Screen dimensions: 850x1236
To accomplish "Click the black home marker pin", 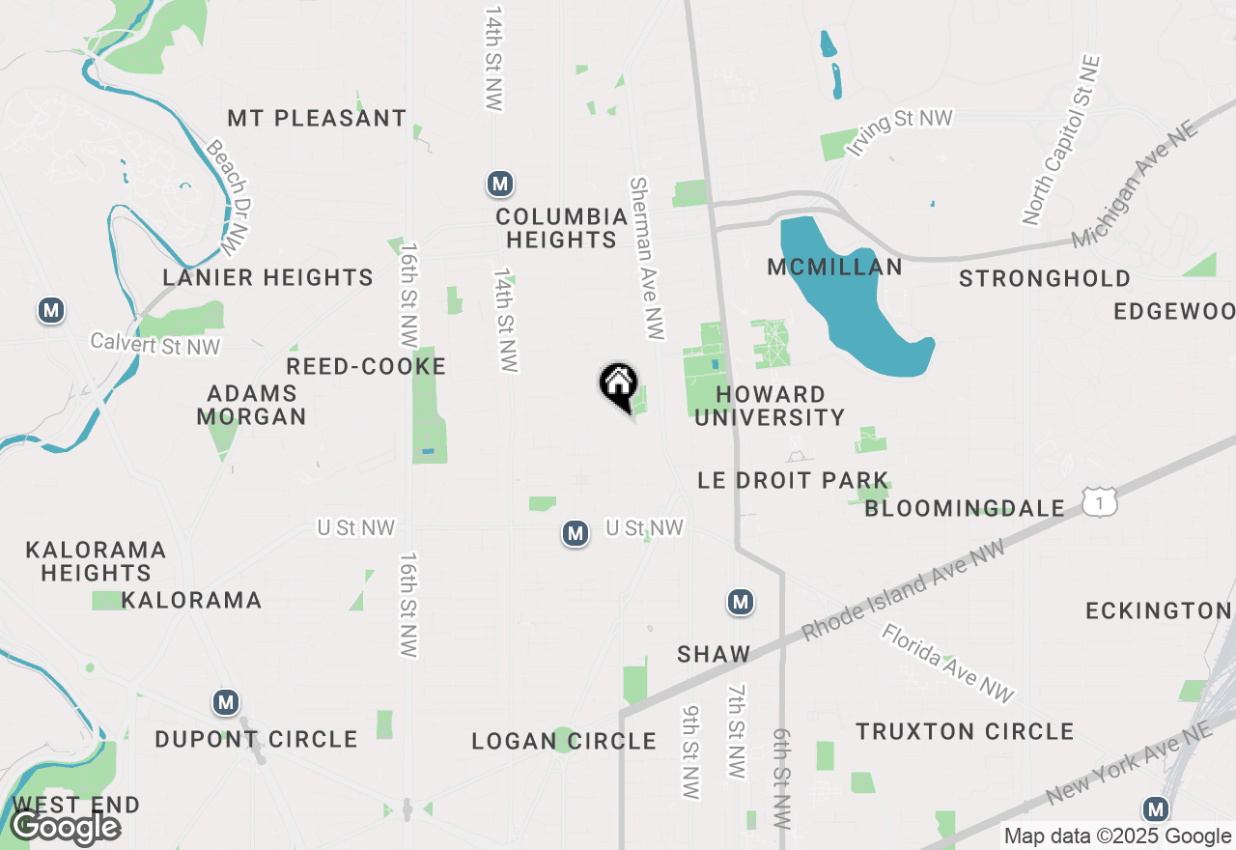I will click(x=618, y=384).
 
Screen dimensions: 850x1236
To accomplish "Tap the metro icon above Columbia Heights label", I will click(x=499, y=184).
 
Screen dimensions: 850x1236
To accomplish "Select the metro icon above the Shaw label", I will click(x=741, y=603).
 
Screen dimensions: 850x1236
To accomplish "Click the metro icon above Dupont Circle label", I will click(x=226, y=702).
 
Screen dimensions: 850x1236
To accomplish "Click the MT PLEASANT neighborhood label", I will click(x=317, y=119).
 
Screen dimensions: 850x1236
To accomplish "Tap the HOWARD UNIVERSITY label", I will click(x=770, y=406).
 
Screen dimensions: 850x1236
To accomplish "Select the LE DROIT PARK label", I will click(x=793, y=480).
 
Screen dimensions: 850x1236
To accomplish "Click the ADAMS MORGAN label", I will click(x=251, y=406).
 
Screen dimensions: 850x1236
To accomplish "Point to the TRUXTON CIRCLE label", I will click(x=965, y=731).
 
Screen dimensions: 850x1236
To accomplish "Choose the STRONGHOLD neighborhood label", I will click(x=1045, y=279).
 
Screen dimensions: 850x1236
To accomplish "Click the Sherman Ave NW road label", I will click(x=647, y=258).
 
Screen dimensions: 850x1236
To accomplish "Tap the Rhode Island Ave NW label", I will click(x=902, y=590).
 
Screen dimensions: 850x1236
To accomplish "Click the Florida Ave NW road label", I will click(x=947, y=663).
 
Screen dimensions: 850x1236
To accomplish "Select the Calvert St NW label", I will click(x=154, y=344).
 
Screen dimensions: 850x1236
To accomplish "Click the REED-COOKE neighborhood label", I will click(x=366, y=367).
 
